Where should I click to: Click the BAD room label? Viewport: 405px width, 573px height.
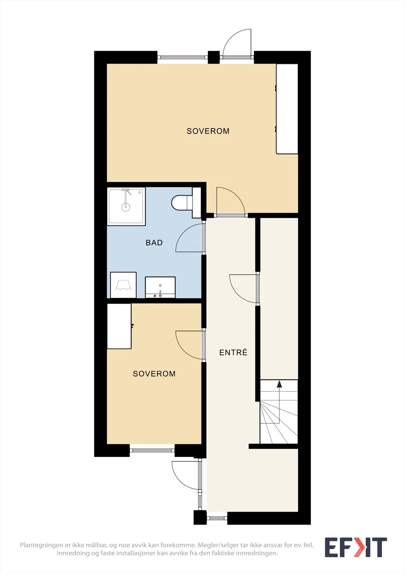154,242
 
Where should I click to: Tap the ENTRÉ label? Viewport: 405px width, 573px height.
233,352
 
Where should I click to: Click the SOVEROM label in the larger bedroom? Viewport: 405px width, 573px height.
208,131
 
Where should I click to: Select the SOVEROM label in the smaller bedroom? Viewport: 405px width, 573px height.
154,374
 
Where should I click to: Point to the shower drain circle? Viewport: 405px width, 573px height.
126,207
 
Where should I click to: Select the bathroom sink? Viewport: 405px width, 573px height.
160,287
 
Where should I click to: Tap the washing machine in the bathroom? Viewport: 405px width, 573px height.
123,285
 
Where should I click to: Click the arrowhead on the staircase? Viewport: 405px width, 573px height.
279,384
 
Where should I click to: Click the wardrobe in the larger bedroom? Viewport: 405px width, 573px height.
287,109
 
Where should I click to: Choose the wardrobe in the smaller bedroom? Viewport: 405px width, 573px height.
119,326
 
